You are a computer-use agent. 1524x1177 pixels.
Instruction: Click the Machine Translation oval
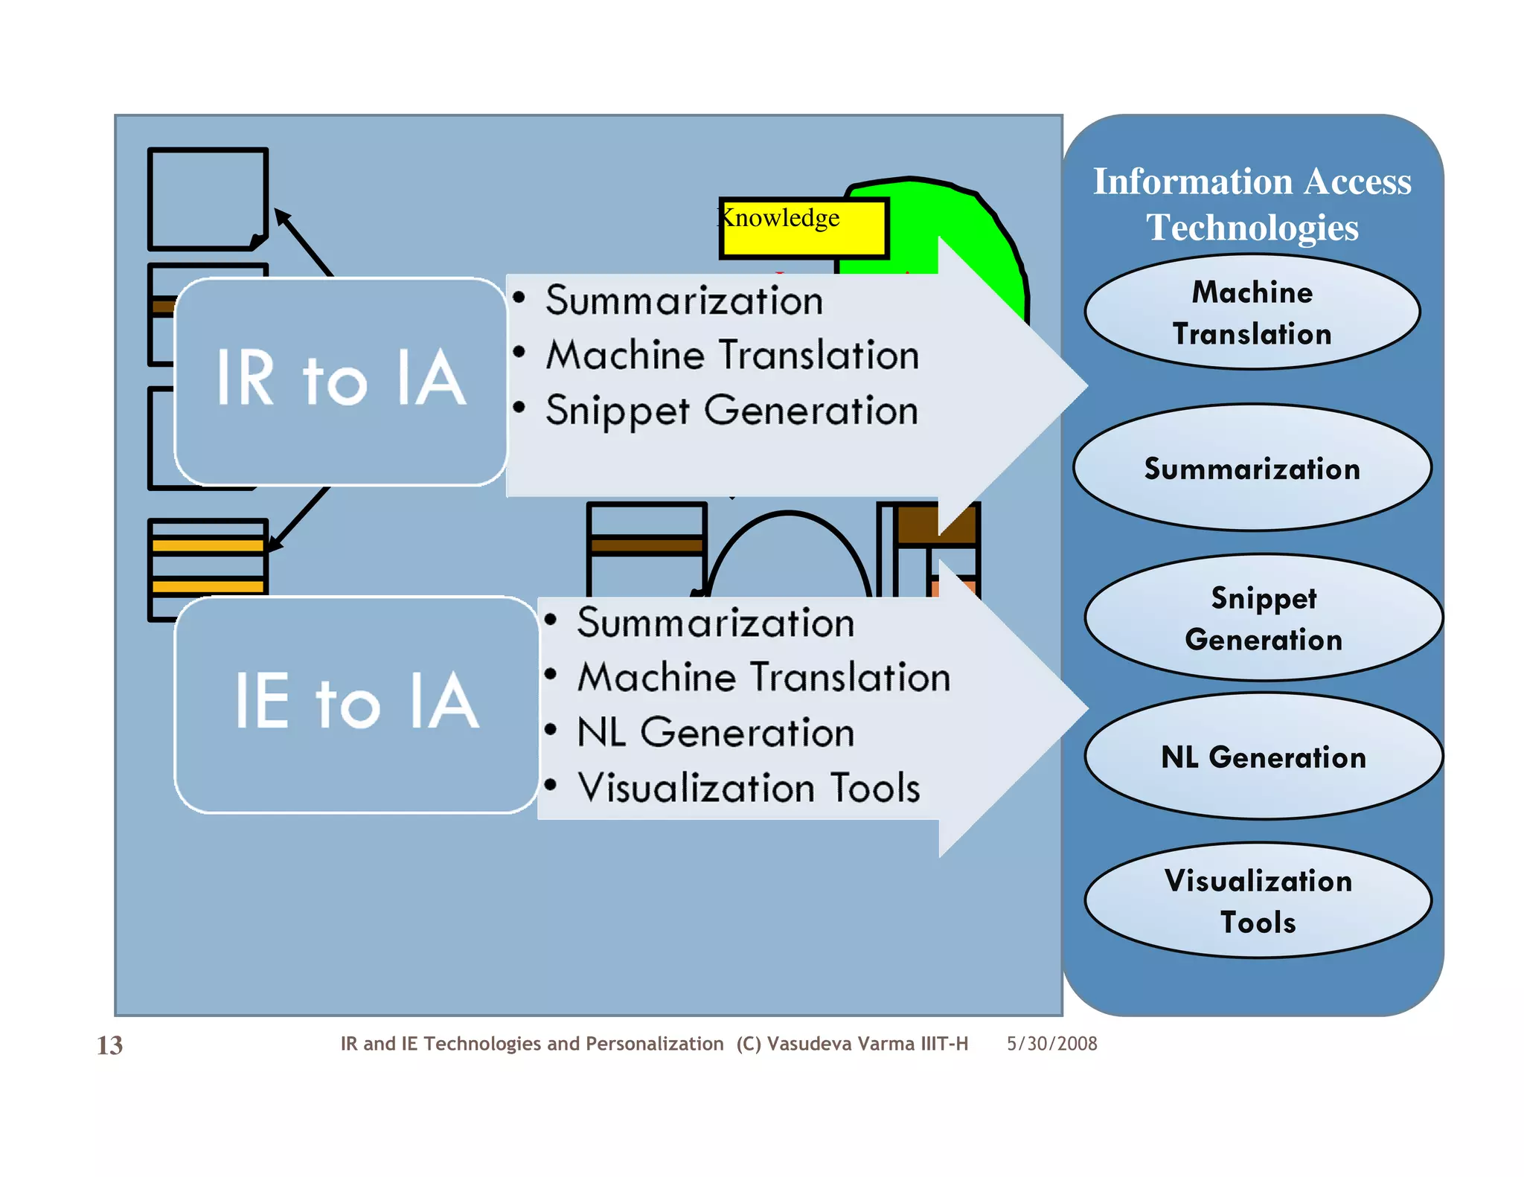pos(1252,312)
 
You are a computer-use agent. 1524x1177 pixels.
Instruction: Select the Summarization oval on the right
pos(1252,469)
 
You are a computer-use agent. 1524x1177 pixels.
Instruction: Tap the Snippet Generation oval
pos(1263,618)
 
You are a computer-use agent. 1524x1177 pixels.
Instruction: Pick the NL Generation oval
pos(1263,757)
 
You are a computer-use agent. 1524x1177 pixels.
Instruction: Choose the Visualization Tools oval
pos(1258,901)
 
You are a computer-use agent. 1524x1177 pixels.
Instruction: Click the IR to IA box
pos(341,381)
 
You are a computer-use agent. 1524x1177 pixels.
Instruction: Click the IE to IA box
pos(356,703)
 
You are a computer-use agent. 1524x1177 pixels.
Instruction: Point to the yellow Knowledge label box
pos(804,228)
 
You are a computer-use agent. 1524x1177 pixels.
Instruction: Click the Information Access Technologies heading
pos(1252,204)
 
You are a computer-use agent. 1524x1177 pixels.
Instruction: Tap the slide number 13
pos(109,1045)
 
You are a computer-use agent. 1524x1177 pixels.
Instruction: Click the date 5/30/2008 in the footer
pos(1051,1044)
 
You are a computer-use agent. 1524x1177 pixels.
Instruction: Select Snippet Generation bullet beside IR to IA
pos(731,411)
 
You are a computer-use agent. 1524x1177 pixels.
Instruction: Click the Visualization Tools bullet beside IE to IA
pos(749,788)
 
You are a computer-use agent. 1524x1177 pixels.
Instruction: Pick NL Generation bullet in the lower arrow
pos(715,733)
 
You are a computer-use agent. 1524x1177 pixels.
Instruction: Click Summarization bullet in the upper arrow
pos(684,301)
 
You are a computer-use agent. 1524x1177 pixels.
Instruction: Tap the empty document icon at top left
pos(207,198)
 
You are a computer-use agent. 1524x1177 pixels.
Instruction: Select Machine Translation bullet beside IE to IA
pos(763,678)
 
